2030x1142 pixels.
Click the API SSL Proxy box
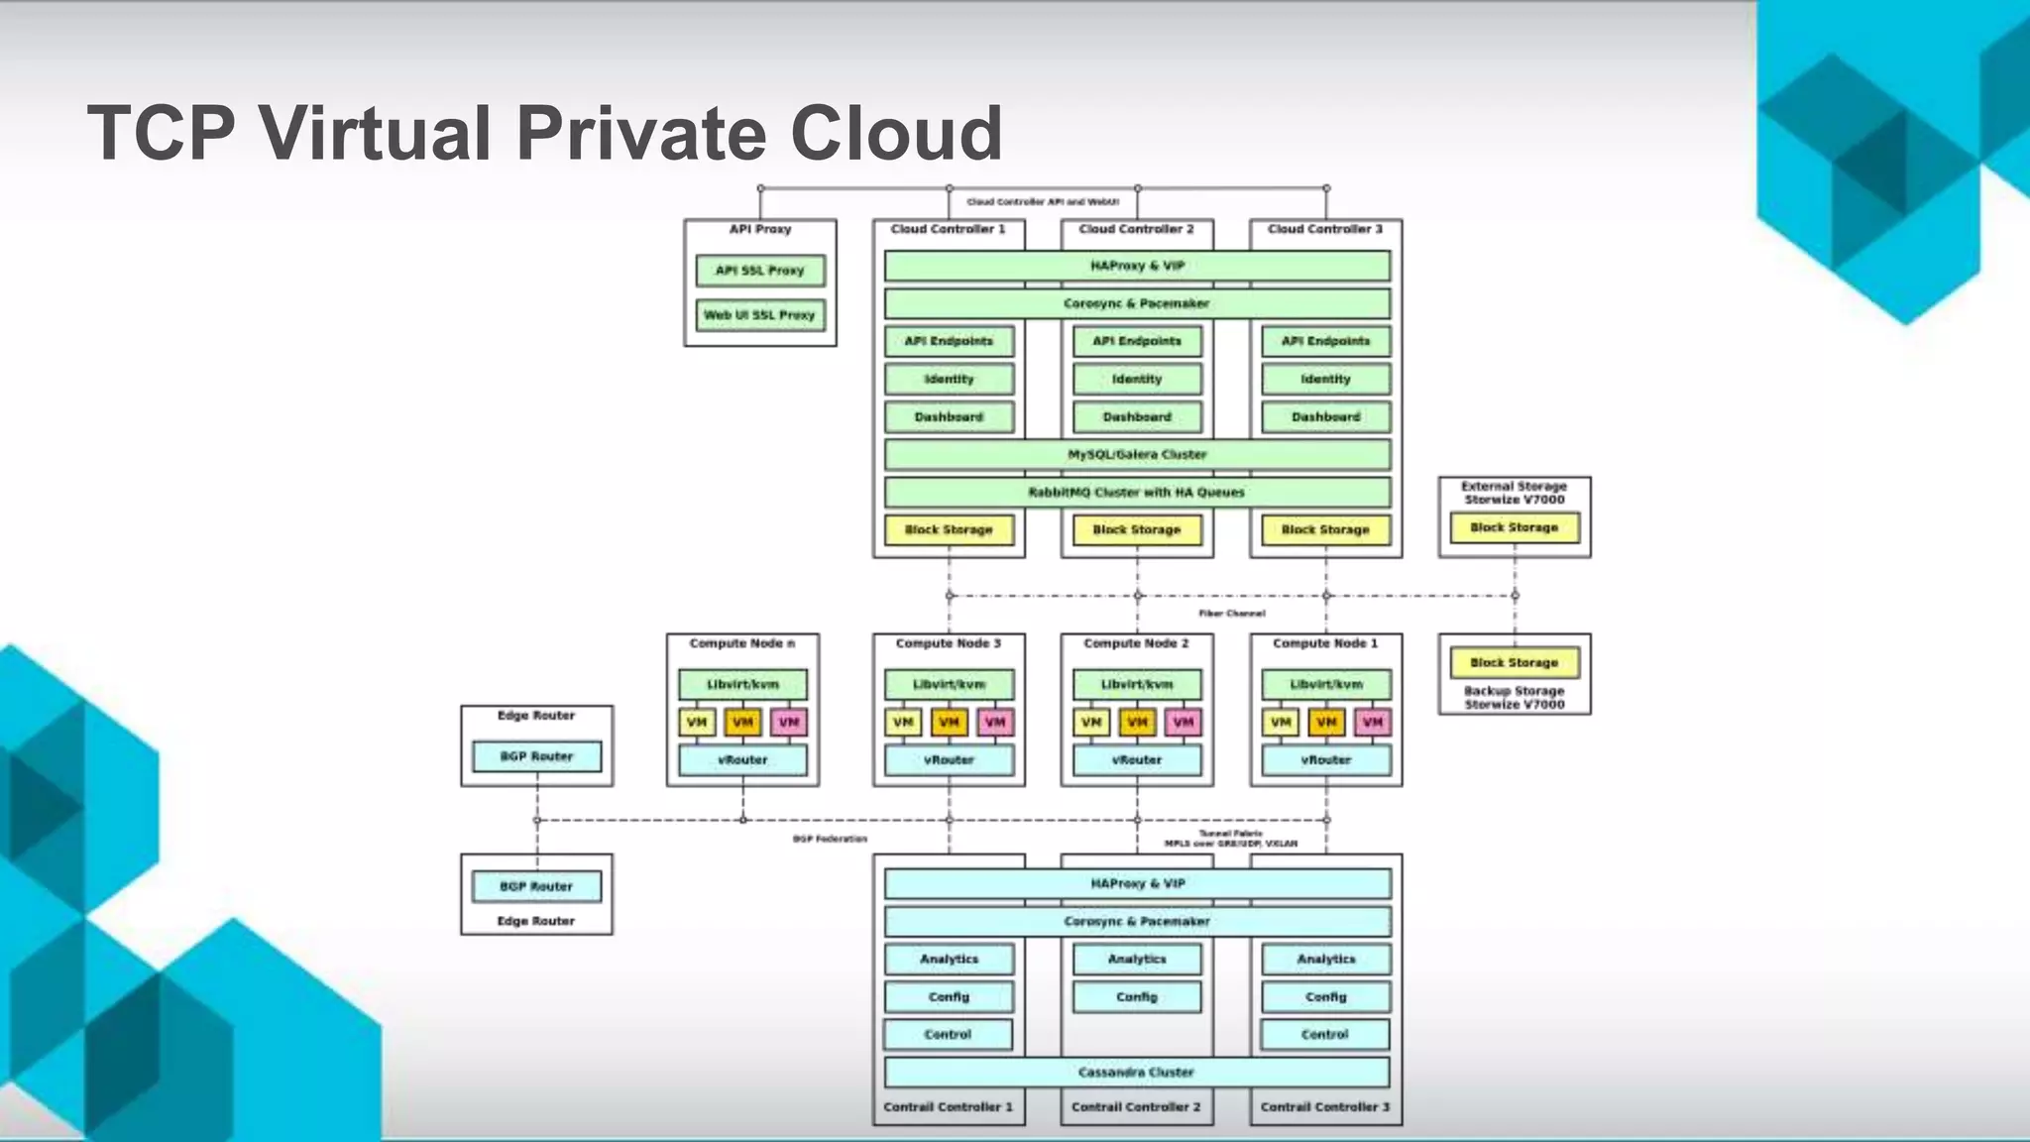click(x=760, y=271)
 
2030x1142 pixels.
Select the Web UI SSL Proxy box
click(x=760, y=315)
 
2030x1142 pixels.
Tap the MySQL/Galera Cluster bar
click(x=1137, y=455)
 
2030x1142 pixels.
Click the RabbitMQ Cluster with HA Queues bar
click(x=1137, y=493)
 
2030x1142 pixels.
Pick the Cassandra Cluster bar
click(x=1137, y=1073)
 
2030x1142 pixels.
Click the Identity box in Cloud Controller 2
click(x=1137, y=380)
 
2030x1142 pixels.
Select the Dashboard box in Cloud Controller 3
click(x=1325, y=417)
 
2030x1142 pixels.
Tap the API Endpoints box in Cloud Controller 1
click(x=949, y=342)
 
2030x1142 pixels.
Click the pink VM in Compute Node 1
click(x=1373, y=723)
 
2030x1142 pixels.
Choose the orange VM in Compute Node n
click(x=742, y=723)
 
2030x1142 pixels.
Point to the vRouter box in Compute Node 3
click(x=949, y=760)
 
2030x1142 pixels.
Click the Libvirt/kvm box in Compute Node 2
click(x=1137, y=685)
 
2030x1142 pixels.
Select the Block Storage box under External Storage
click(x=1514, y=528)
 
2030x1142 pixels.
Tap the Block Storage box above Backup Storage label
click(x=1514, y=662)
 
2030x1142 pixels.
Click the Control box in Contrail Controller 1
click(x=948, y=1035)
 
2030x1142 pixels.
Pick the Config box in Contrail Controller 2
click(x=1137, y=997)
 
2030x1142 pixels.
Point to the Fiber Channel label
click(x=1232, y=614)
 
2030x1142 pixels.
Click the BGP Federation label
click(x=830, y=840)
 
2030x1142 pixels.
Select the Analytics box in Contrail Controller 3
click(x=1325, y=960)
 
